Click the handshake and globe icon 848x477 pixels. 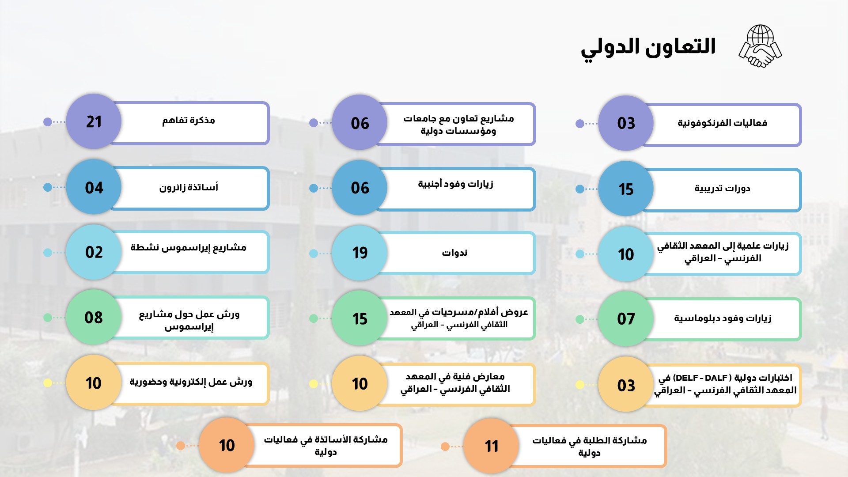tap(760, 46)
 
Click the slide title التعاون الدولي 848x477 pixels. tap(648, 48)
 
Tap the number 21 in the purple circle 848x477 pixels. tap(94, 121)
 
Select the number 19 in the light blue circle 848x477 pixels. tap(360, 253)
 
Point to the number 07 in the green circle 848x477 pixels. tap(626, 318)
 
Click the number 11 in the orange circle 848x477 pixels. tap(492, 446)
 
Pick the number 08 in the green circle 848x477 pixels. tap(94, 317)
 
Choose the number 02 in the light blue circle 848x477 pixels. tap(94, 252)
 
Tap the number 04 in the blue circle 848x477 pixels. tap(94, 188)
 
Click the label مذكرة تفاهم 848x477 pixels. tap(189, 120)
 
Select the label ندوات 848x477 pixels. tap(454, 253)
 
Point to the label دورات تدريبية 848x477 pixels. tap(722, 189)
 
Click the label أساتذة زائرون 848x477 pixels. tap(189, 187)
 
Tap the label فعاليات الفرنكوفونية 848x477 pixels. tap(723, 123)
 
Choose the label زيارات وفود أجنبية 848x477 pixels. tap(455, 184)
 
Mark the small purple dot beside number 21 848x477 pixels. tap(48, 121)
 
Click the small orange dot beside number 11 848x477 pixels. tap(445, 447)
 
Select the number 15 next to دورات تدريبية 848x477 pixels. tap(626, 189)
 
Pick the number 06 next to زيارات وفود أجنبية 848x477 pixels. tap(360, 188)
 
